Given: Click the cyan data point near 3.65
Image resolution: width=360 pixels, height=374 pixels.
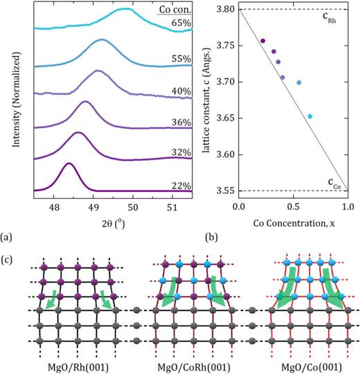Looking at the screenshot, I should (x=310, y=116).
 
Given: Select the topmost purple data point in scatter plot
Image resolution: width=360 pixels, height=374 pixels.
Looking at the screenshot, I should (x=262, y=41).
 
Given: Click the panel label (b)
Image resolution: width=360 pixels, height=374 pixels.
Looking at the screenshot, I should (x=211, y=237).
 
